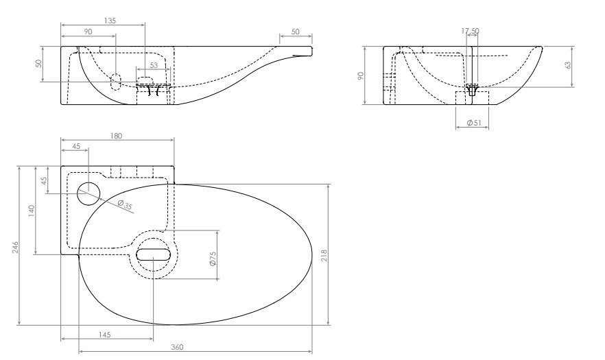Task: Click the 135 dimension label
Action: coord(110,21)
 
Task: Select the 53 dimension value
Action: coord(154,65)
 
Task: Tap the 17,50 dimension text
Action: coord(471,31)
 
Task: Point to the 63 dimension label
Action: coord(568,65)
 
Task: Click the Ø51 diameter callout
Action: coord(474,123)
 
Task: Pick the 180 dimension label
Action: coord(116,136)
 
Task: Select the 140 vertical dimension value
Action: coord(32,211)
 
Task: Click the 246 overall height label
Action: coord(15,248)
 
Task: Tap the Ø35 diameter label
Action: coord(125,204)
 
